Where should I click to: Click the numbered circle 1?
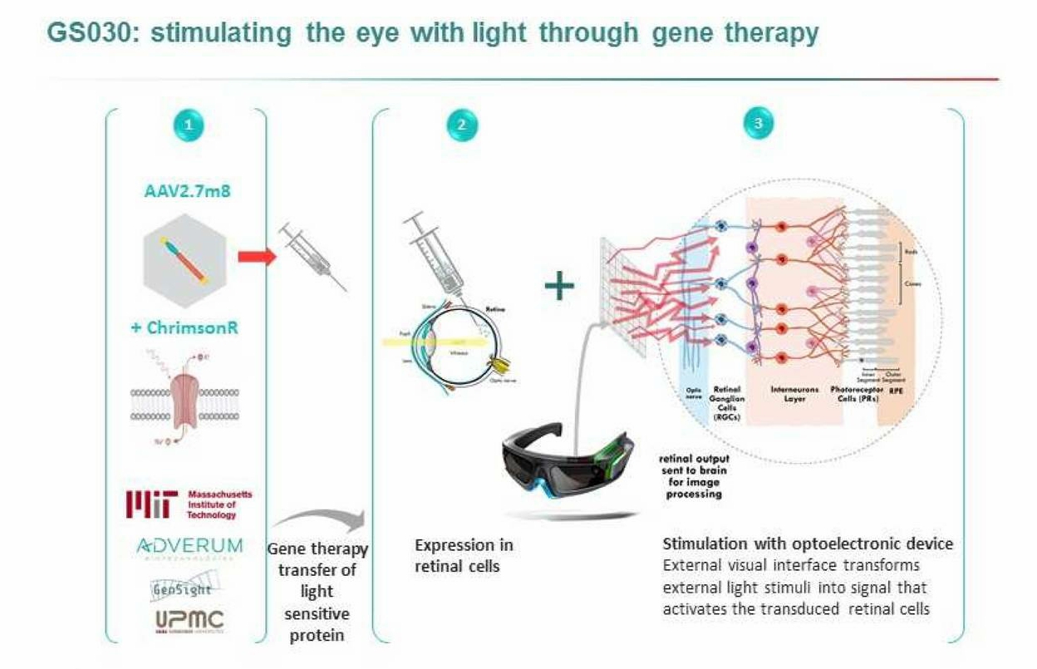[189, 125]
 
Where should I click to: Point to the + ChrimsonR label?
[184, 327]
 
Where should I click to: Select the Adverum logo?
[189, 547]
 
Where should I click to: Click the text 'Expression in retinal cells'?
[464, 555]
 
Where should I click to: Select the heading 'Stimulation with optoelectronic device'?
[808, 544]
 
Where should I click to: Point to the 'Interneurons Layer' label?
[782, 393]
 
